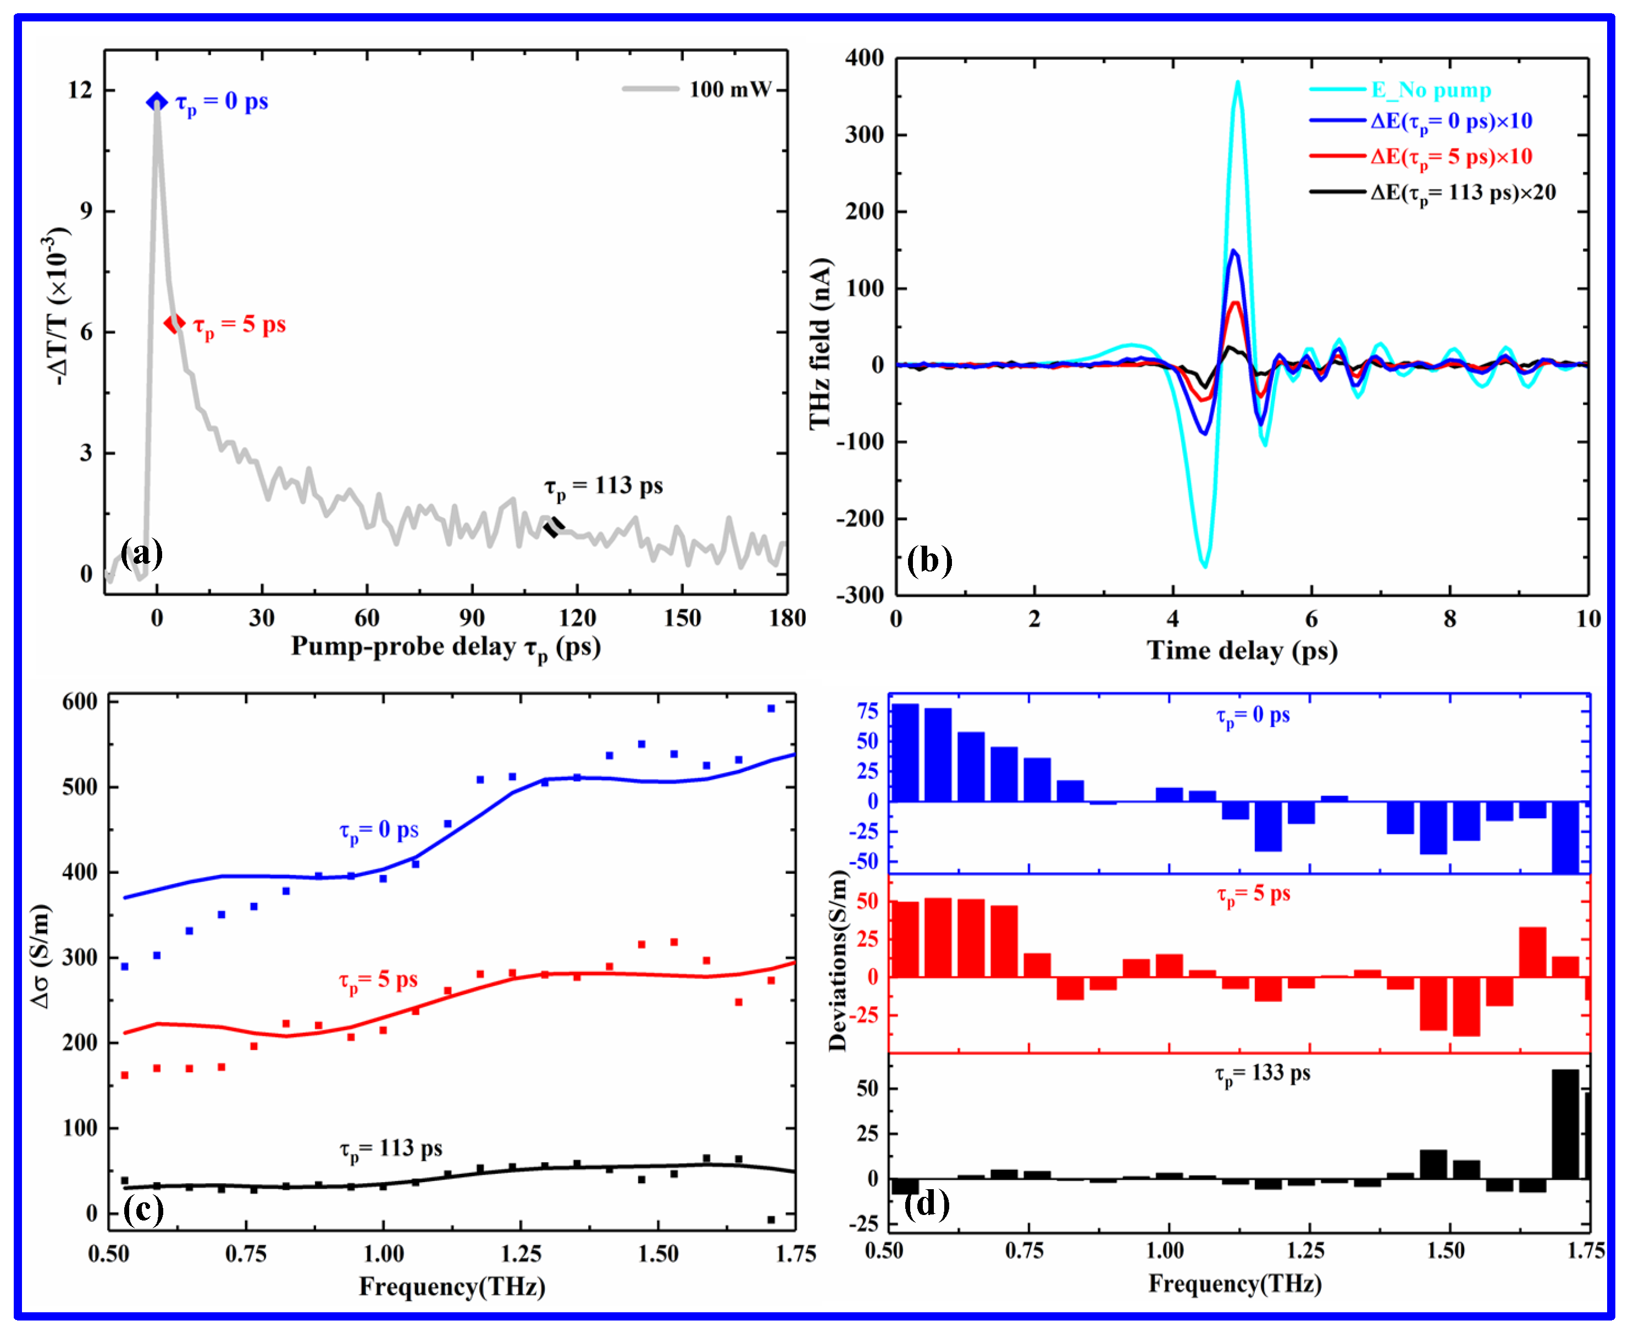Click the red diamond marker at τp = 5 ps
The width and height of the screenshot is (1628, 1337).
tap(175, 324)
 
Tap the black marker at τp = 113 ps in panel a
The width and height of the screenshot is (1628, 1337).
tap(553, 528)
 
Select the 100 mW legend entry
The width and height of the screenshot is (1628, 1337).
tap(697, 90)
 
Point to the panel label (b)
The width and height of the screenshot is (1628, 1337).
tap(929, 560)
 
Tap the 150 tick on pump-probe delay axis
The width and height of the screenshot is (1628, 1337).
tap(682, 618)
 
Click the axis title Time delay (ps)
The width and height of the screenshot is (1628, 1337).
tap(1242, 651)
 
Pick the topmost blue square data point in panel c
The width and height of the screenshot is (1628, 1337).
tap(771, 708)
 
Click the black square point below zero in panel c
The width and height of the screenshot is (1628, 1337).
tap(771, 1219)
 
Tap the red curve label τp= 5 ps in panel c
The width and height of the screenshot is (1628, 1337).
tap(378, 980)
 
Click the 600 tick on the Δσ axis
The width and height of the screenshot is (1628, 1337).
tap(80, 702)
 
